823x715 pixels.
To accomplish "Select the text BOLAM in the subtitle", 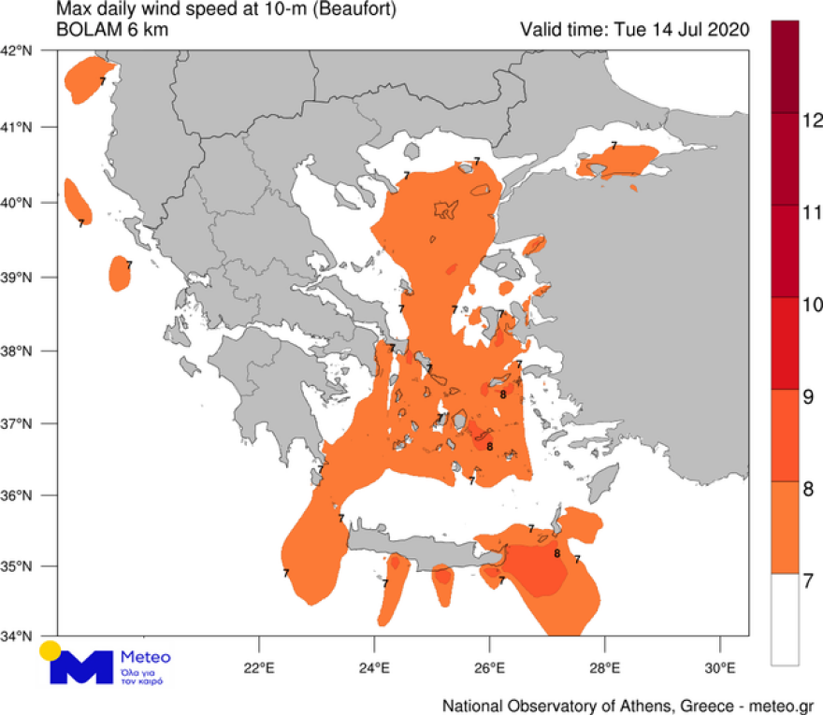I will click(x=89, y=29).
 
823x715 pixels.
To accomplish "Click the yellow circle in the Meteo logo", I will click(x=51, y=651).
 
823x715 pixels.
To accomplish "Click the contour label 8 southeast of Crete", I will click(x=556, y=553).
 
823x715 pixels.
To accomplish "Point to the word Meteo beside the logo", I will click(x=146, y=657).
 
